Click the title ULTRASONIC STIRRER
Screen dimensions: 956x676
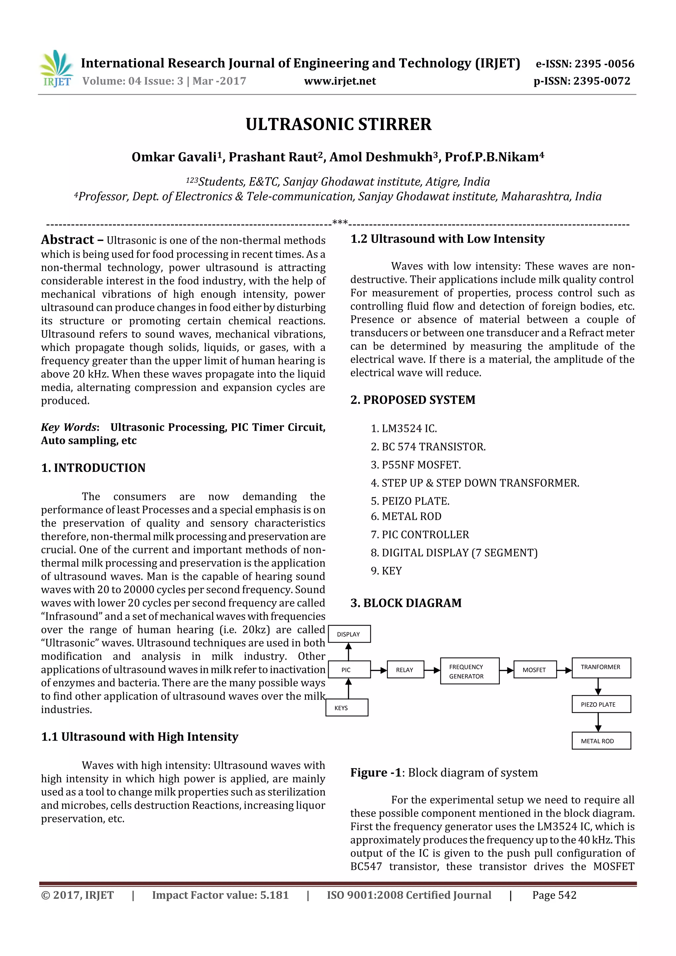pyautogui.click(x=338, y=124)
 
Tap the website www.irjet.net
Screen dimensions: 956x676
pyautogui.click(x=340, y=81)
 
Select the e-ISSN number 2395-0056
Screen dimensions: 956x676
pyautogui.click(x=584, y=64)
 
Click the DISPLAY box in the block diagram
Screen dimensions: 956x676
pyautogui.click(x=349, y=634)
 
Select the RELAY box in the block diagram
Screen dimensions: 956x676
pyautogui.click(x=405, y=670)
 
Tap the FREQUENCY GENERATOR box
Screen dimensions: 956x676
pyautogui.click(x=469, y=671)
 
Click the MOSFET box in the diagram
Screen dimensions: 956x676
pyautogui.click(x=534, y=670)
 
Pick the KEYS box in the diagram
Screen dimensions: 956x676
pyautogui.click(x=347, y=708)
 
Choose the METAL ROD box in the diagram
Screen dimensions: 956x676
pyautogui.click(x=601, y=741)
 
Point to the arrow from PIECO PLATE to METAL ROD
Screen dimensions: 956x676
pyautogui.click(x=598, y=722)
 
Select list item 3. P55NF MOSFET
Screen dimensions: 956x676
pyautogui.click(x=416, y=465)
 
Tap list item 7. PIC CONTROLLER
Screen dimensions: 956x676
pyautogui.click(x=420, y=535)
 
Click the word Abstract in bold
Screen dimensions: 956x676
pyautogui.click(x=67, y=240)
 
